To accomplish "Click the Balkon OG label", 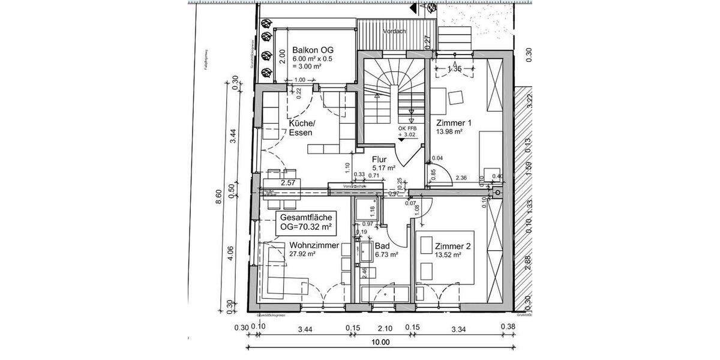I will (x=313, y=50).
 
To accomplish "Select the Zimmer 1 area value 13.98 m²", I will (x=449, y=132).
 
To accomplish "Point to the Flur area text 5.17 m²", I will (x=384, y=169).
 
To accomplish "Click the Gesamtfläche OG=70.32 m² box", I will (x=306, y=223).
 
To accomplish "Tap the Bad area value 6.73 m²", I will (x=387, y=254).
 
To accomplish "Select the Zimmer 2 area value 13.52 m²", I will (x=448, y=254).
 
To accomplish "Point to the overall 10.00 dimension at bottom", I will (x=380, y=343).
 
